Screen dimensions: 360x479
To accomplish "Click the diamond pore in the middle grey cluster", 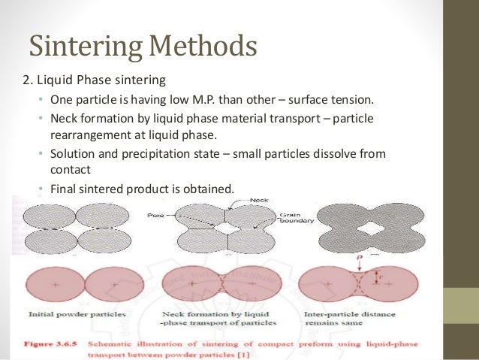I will [x=224, y=225].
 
